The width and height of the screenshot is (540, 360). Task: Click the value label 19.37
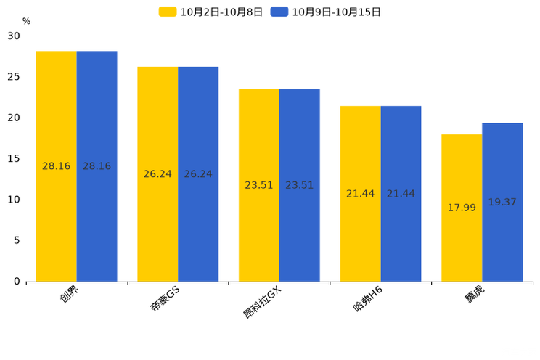click(502, 202)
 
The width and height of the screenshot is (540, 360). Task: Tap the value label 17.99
click(462, 208)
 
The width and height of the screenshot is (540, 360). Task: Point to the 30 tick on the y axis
click(15, 36)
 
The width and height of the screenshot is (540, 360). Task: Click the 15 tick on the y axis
click(15, 158)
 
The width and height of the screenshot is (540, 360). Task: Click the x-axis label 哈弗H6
click(367, 299)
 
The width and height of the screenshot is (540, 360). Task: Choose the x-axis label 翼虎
click(475, 296)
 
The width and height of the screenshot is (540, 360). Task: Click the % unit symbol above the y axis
click(26, 21)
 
